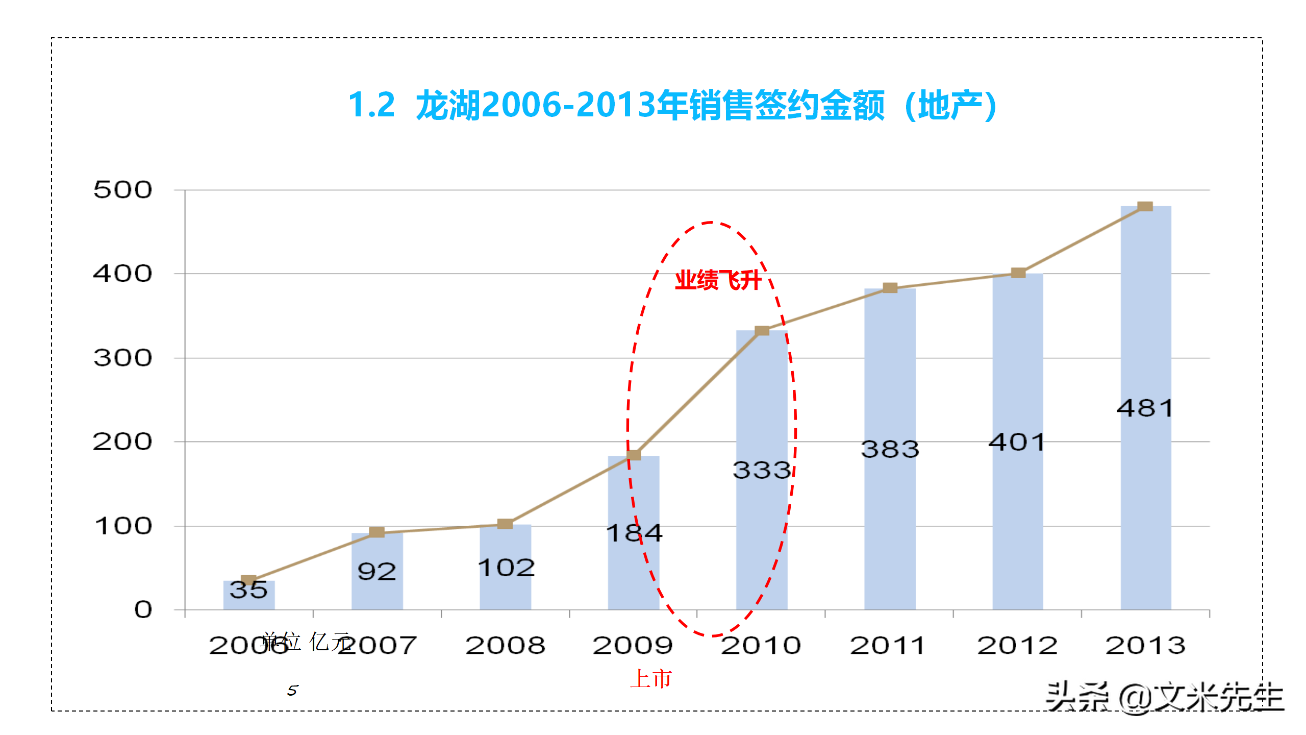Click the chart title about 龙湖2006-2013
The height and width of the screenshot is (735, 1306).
[672, 105]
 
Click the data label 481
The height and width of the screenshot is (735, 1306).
[1145, 408]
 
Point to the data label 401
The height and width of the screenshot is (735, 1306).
[1017, 442]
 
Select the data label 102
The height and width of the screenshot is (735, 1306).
[506, 568]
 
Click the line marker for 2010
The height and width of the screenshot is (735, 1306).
[762, 331]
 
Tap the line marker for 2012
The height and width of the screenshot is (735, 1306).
[1018, 273]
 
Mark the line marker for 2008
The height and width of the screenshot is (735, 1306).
[505, 524]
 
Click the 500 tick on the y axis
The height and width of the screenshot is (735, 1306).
[122, 190]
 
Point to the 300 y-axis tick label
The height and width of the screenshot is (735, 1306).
[122, 358]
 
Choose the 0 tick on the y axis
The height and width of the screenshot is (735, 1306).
[143, 609]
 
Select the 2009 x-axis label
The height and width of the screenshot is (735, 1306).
[633, 646]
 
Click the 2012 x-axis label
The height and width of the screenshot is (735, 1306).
[1017, 646]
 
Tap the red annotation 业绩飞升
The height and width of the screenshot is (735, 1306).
[718, 280]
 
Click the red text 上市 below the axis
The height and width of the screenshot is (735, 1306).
[651, 679]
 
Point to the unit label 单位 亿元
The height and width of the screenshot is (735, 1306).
[306, 641]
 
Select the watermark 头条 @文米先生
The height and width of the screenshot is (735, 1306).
[1164, 697]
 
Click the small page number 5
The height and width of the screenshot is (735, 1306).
[292, 691]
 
